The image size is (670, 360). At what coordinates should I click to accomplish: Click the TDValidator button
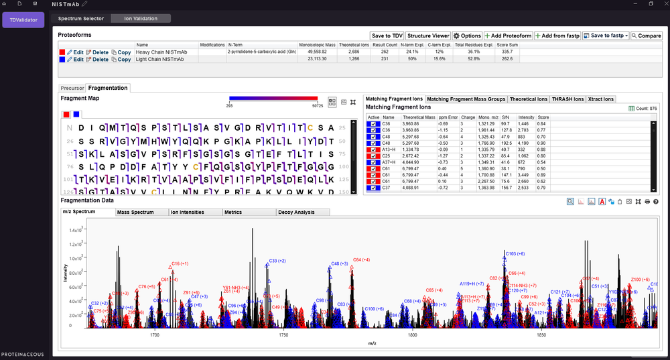pos(23,20)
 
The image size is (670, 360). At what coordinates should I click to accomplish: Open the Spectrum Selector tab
pos(80,19)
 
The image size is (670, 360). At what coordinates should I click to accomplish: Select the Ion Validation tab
pos(141,19)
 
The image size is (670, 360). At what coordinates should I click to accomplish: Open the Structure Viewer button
pos(428,36)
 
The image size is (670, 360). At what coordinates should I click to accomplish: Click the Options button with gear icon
pos(467,36)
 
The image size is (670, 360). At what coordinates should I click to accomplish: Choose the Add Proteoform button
pos(509,36)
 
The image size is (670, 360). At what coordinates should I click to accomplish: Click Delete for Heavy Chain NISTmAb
pos(97,52)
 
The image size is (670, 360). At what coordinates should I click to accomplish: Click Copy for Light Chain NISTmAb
pos(121,60)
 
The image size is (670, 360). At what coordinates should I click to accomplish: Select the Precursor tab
pos(72,88)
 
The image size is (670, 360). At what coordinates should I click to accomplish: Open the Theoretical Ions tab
pos(528,99)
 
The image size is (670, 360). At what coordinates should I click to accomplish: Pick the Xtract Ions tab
pos(600,99)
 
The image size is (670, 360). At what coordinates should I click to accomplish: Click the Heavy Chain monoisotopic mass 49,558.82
pos(317,52)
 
